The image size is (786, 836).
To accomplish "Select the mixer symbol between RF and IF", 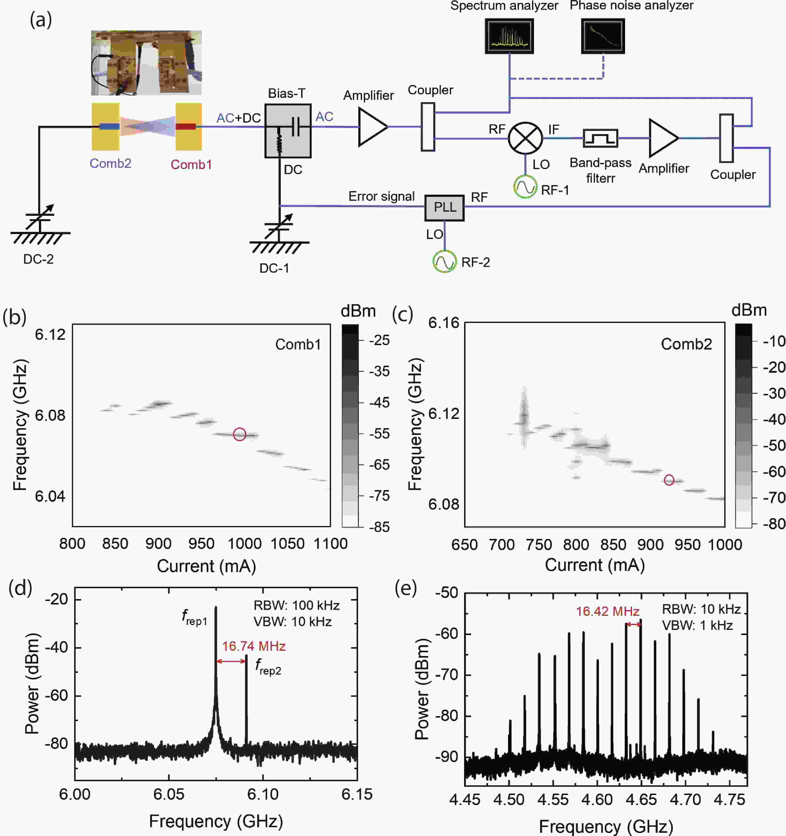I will pyautogui.click(x=525, y=138).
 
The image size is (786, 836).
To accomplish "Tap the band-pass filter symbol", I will pyautogui.click(x=600, y=138).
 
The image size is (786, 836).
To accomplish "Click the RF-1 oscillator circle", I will pyautogui.click(x=525, y=187).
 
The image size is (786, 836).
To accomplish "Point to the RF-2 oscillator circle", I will pyautogui.click(x=444, y=262).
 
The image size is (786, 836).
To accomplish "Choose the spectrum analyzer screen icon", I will pyautogui.click(x=509, y=36).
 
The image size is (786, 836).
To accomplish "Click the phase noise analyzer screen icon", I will pyautogui.click(x=603, y=36).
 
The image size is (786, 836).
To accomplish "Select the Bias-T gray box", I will pyautogui.click(x=288, y=131).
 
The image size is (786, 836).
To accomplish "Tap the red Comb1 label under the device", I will pyautogui.click(x=191, y=164).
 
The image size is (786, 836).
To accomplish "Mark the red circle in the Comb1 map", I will pyautogui.click(x=240, y=434).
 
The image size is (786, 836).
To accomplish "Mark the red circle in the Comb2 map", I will pyautogui.click(x=669, y=480).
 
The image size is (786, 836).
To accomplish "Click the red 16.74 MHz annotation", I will pyautogui.click(x=254, y=646).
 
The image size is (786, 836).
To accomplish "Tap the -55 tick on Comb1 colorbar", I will pyautogui.click(x=379, y=434).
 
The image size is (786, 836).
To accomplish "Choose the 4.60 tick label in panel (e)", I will pyautogui.click(x=597, y=800).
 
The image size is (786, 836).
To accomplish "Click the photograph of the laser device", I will pyautogui.click(x=146, y=63).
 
